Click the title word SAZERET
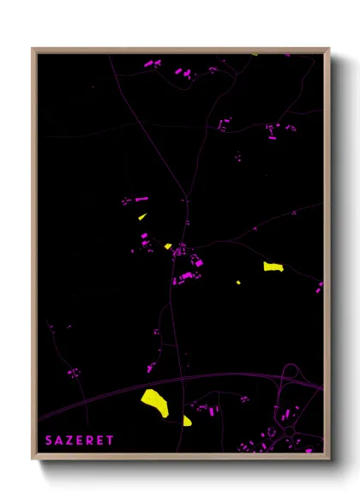pyautogui.click(x=80, y=440)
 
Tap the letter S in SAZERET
pyautogui.click(x=50, y=440)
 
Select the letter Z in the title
pyautogui.click(x=70, y=440)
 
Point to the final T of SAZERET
pyautogui.click(x=111, y=440)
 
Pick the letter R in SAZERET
pyautogui.click(x=91, y=440)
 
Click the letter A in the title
pyautogui.click(x=60, y=440)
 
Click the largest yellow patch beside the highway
pyautogui.click(x=154, y=400)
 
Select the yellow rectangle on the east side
pyautogui.click(x=273, y=267)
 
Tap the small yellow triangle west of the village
pyautogui.click(x=142, y=217)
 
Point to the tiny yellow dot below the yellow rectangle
pyautogui.click(x=238, y=282)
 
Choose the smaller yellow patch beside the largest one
pyautogui.click(x=187, y=420)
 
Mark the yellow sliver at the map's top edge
pyautogui.click(x=255, y=55)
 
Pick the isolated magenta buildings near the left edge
pyautogui.click(x=73, y=372)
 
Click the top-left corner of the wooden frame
pyautogui.click(x=33, y=49)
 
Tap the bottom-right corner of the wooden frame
pyautogui.click(x=328, y=458)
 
